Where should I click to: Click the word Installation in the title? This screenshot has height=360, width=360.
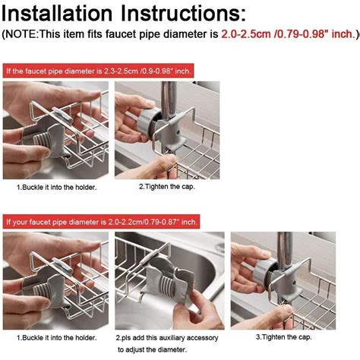point(57,13)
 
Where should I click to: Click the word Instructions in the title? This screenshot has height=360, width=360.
point(183,13)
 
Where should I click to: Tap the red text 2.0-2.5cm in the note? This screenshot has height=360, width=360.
point(246,34)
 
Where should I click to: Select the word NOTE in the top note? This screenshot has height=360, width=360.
point(21,34)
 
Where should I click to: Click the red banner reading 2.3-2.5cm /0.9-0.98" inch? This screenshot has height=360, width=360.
point(98,71)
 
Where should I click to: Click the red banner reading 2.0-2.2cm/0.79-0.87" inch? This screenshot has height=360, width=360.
point(101,222)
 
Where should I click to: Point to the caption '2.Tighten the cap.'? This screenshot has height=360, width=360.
point(167,187)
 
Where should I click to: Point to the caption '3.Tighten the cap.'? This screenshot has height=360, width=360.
point(283,337)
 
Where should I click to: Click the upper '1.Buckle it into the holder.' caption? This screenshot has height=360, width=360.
point(57,188)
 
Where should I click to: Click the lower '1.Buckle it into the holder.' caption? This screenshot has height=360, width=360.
point(57,338)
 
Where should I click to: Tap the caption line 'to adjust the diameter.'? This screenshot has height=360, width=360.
point(152,350)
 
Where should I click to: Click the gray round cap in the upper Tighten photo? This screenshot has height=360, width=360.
point(147,123)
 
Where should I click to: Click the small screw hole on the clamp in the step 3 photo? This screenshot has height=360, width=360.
point(294,283)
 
